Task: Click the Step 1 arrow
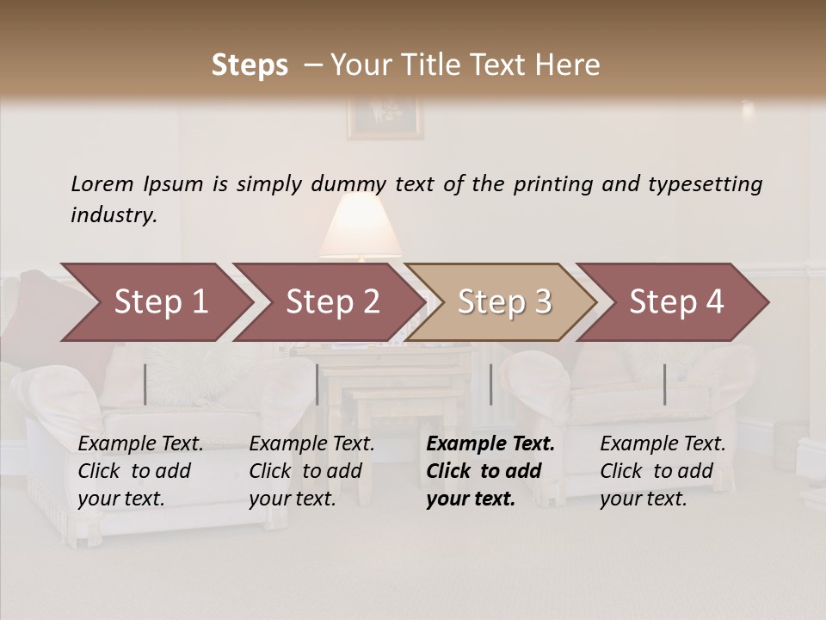tap(155, 302)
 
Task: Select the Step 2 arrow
tap(330, 302)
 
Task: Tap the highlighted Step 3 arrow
tap(502, 302)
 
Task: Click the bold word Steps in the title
tap(250, 65)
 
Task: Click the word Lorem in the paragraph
tap(102, 183)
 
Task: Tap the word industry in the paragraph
tap(114, 214)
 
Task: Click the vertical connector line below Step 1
tap(145, 384)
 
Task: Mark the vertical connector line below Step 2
tap(317, 384)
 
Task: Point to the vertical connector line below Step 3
tap(490, 384)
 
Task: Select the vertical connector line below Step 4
tap(664, 384)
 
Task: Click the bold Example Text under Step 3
tap(490, 444)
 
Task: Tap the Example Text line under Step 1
tap(140, 444)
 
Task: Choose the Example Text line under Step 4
tap(663, 444)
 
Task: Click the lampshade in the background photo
tap(361, 226)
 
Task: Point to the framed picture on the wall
tap(385, 117)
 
